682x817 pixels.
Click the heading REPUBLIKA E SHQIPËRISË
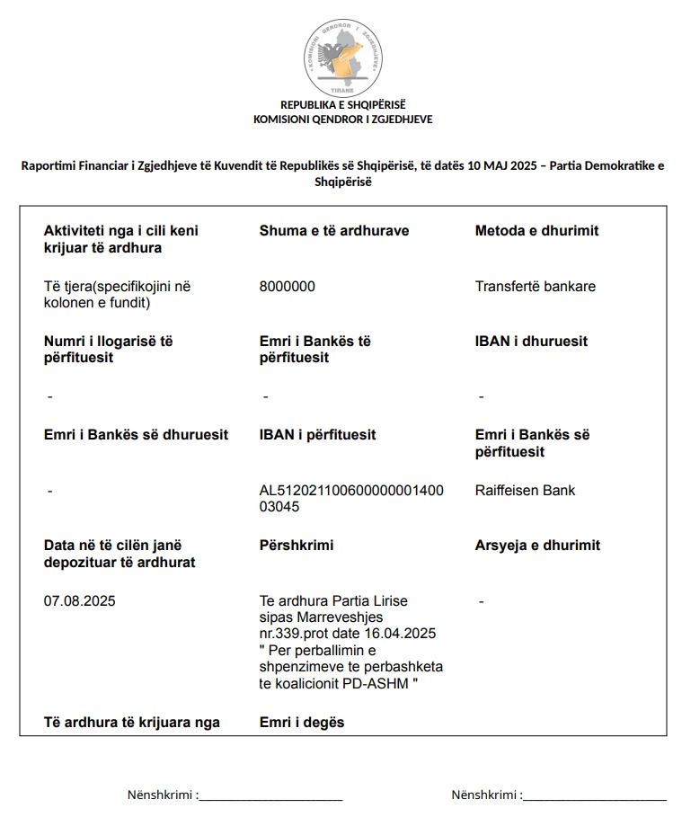(343, 105)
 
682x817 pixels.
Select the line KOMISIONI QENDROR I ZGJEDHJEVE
(343, 119)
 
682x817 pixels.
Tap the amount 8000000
(287, 287)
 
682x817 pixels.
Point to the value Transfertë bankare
(536, 287)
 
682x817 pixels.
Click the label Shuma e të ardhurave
(333, 231)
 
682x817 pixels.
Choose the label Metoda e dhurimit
(536, 231)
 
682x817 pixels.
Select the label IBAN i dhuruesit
(531, 342)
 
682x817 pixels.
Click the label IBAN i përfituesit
(317, 435)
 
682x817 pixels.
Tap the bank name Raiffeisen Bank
(526, 491)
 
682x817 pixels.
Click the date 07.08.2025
(79, 600)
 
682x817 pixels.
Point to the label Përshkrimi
(296, 546)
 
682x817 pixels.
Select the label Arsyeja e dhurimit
(537, 546)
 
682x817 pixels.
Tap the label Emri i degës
(301, 723)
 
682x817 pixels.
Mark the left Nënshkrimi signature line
(270, 795)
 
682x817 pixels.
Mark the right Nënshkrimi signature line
(594, 795)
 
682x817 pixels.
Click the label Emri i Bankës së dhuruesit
(137, 435)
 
